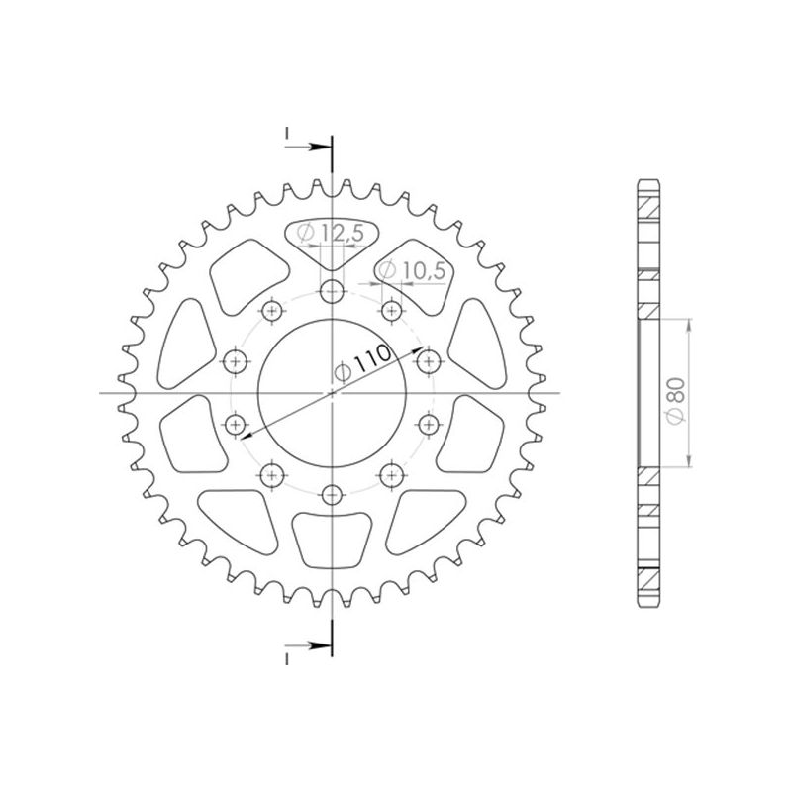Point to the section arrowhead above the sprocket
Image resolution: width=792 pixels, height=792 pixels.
pyautogui.click(x=323, y=148)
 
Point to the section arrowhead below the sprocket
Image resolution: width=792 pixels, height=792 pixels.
pyautogui.click(x=323, y=644)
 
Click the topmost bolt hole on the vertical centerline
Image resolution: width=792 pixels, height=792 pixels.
pyautogui.click(x=333, y=291)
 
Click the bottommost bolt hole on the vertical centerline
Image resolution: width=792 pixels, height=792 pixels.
pyautogui.click(x=333, y=494)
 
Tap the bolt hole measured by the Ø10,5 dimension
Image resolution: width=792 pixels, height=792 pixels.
pyautogui.click(x=391, y=307)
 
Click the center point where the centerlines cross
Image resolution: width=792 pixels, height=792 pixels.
pyautogui.click(x=333, y=393)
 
